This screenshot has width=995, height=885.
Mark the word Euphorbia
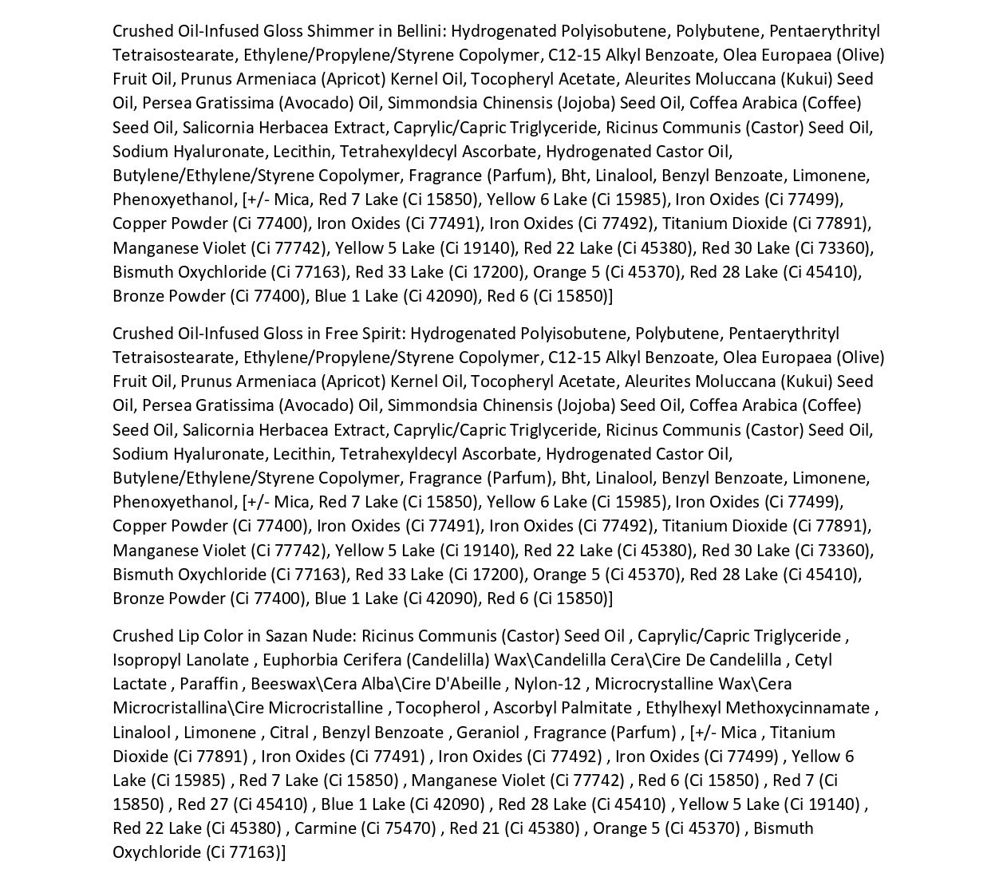click(298, 660)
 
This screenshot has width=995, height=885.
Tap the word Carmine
click(326, 828)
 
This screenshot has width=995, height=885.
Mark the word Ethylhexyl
click(682, 708)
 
